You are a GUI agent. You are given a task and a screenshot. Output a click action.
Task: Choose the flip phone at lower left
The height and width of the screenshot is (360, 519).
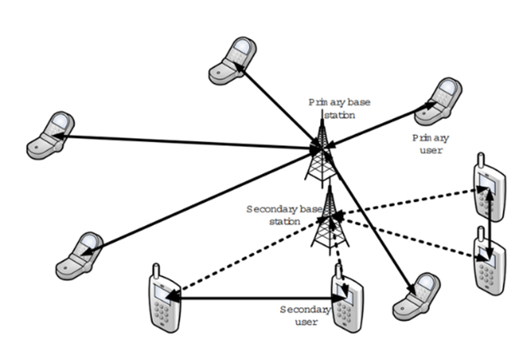coord(81,255)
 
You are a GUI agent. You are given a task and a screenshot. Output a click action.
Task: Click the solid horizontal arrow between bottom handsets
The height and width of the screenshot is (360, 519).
coord(255,297)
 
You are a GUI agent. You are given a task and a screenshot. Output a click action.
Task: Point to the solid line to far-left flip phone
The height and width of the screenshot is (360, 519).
coord(187,142)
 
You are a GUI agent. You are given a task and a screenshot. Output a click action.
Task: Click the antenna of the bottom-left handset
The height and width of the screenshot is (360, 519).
coord(155,273)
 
